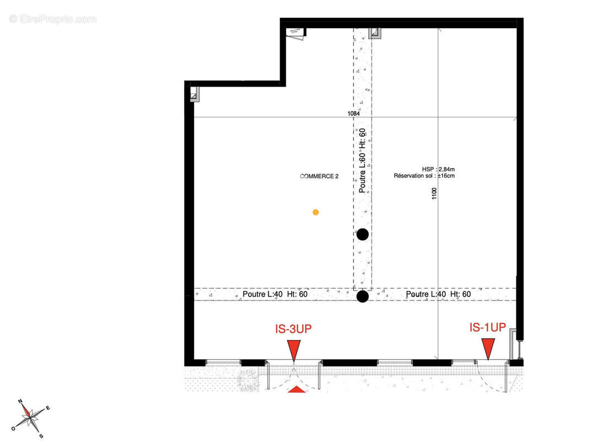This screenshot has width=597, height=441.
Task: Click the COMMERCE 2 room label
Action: point(319,176)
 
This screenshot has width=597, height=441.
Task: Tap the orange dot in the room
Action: point(316,212)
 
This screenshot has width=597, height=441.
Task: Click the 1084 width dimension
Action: point(354,113)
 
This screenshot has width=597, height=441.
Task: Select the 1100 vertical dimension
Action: point(434,193)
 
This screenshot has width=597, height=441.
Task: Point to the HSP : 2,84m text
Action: point(438,169)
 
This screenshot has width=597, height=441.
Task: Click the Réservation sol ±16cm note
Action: point(424,175)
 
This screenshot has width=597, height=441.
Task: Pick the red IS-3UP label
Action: point(293,329)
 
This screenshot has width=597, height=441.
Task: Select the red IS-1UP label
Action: point(488,327)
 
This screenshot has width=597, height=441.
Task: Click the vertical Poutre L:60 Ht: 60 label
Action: point(362,160)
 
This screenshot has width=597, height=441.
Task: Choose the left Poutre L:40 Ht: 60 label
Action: point(275,294)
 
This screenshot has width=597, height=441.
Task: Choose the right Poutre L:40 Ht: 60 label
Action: point(438,294)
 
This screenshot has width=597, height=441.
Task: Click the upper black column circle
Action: point(363,234)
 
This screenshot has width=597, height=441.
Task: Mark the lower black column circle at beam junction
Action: point(363,296)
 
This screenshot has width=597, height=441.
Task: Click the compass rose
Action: point(30,418)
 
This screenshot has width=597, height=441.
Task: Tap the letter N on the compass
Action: point(20,401)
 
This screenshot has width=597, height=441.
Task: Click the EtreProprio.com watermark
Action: point(53,19)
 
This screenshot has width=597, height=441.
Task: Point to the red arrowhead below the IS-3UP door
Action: point(297,389)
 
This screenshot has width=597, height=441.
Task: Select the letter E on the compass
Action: point(48,408)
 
